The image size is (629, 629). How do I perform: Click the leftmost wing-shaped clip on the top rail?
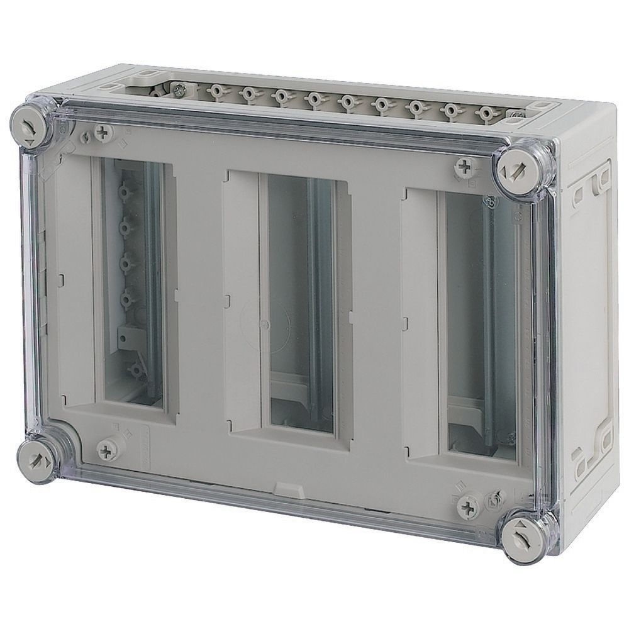(215, 91)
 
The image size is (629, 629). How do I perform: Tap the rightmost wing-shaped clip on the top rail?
(486, 114)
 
